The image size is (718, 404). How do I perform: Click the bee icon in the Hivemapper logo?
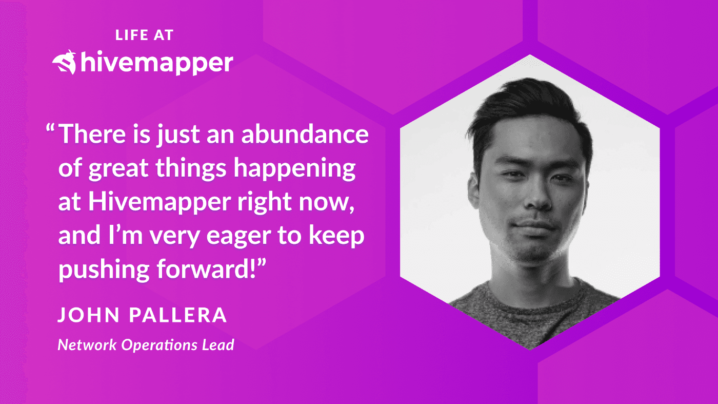(65, 63)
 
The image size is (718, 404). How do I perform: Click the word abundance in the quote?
(305, 134)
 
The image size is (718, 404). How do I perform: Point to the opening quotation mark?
(50, 129)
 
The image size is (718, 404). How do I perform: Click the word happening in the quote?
(294, 169)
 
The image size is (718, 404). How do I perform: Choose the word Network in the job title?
(87, 344)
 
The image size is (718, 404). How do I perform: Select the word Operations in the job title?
(158, 345)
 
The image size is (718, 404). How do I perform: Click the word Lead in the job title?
(217, 344)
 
